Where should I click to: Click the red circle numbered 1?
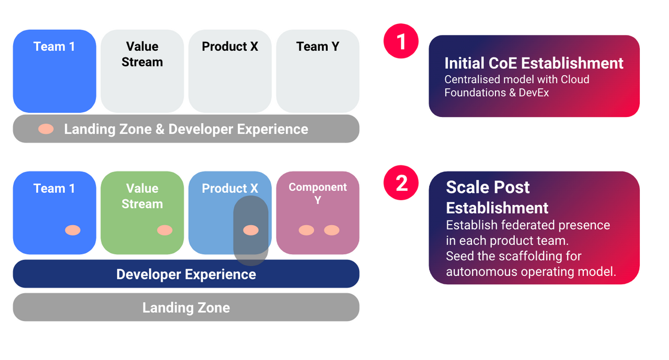click(401, 41)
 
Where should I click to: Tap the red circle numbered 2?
click(401, 183)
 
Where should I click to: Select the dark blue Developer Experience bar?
click(186, 274)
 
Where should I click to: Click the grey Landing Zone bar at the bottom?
click(186, 307)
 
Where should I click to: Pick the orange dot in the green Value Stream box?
click(165, 230)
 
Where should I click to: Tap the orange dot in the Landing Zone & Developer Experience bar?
click(46, 129)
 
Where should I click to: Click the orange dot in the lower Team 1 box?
click(73, 230)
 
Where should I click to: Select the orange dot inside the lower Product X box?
click(251, 230)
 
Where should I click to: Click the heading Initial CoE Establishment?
click(534, 63)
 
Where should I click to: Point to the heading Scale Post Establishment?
click(497, 198)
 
